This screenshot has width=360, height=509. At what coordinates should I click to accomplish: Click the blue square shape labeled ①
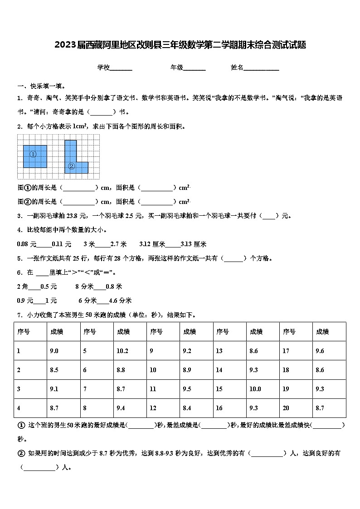[x=35, y=156]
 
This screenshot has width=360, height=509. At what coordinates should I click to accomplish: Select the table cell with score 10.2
[x=122, y=351]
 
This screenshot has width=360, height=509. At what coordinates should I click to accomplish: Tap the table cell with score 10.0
[x=255, y=389]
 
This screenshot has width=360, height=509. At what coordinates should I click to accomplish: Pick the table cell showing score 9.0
[x=54, y=351]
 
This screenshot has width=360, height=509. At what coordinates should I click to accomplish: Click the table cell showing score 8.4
[x=187, y=408]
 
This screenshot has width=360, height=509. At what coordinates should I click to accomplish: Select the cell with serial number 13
[x=219, y=351]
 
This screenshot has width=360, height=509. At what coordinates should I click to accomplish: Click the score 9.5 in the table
[x=187, y=389]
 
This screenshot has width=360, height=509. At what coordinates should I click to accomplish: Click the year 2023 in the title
[x=64, y=45]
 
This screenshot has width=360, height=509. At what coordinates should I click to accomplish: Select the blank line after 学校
[x=121, y=68]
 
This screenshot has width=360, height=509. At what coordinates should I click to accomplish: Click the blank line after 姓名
[x=262, y=68]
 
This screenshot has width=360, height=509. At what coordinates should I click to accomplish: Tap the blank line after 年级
[x=195, y=68]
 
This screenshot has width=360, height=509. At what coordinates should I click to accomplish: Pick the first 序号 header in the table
[x=24, y=332]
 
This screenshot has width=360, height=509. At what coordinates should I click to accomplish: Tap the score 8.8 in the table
[x=121, y=370]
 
